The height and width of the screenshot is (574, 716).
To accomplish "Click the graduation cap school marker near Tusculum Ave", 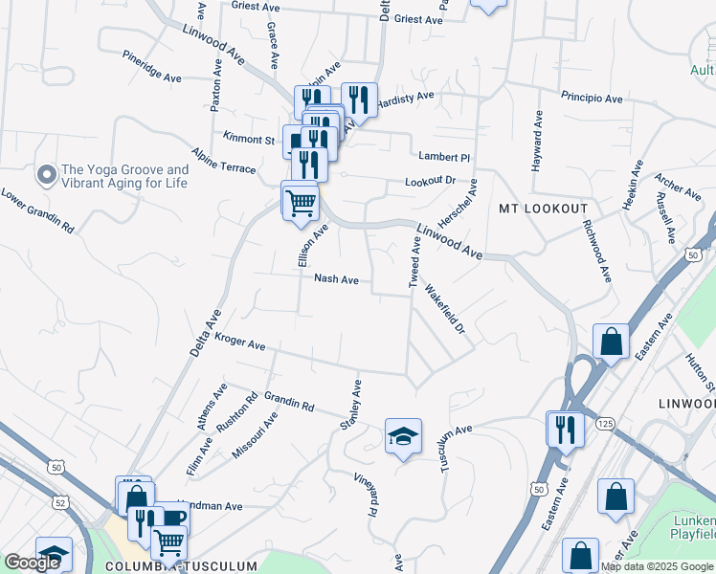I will [403, 436].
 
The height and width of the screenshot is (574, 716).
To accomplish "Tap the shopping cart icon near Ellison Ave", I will [301, 201].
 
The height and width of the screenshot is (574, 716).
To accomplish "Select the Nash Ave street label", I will [336, 279].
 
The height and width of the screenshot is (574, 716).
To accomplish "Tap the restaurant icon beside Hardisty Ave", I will [359, 98].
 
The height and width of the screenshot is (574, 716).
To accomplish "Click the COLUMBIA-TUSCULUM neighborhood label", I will [181, 566].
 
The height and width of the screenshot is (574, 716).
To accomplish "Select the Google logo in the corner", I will [32, 562].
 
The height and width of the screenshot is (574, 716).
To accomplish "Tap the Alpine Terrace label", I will [223, 161].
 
